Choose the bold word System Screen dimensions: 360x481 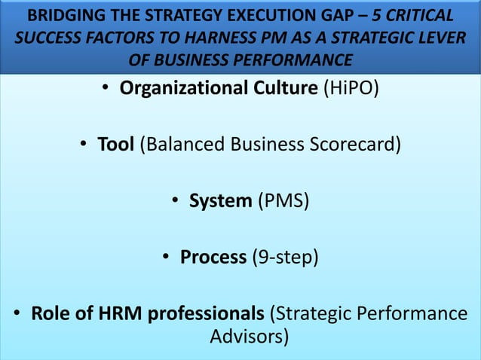(220, 201)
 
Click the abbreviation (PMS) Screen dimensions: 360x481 (283, 201)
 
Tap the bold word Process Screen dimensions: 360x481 (213, 258)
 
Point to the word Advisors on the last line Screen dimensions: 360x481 (249, 335)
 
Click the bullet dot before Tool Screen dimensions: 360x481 (84, 144)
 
